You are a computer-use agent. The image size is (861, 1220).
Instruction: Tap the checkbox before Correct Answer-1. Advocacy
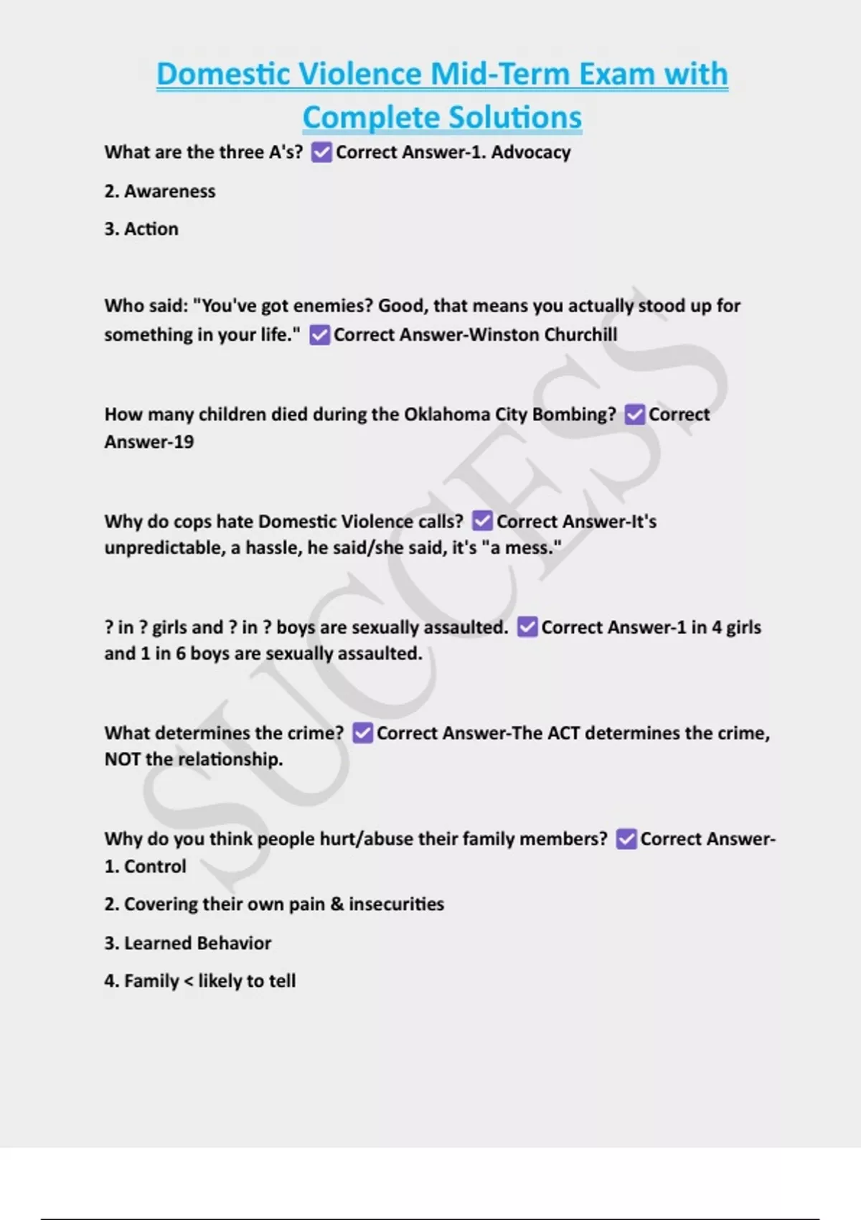click(321, 152)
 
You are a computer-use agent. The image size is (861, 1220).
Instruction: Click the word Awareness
click(169, 192)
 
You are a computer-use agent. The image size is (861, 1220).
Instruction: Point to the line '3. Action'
click(141, 229)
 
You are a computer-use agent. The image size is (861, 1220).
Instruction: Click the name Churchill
click(580, 335)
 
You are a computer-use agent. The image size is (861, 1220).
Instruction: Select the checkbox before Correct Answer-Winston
click(319, 335)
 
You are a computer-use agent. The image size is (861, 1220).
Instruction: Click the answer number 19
click(183, 442)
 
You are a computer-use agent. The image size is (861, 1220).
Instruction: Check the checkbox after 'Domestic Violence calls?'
click(482, 521)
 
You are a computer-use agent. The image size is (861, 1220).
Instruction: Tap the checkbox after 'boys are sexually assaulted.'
click(527, 627)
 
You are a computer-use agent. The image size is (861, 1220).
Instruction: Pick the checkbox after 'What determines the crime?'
click(362, 733)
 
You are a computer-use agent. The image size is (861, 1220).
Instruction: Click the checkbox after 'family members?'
click(626, 839)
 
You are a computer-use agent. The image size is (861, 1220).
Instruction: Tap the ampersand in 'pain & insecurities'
click(337, 904)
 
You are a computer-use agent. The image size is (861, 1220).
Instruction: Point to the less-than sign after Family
click(188, 981)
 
